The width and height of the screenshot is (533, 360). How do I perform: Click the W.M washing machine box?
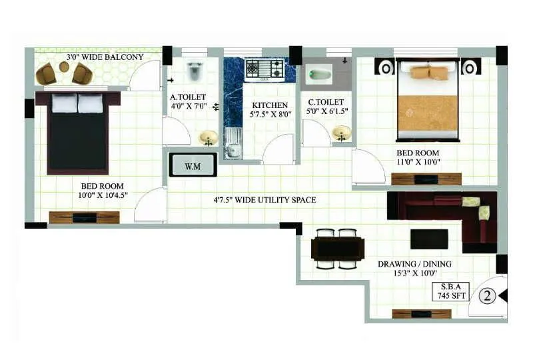click(193, 165)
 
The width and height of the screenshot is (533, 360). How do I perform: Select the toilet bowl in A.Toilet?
click(195, 71)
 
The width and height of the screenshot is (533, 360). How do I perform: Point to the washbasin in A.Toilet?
click(208, 137)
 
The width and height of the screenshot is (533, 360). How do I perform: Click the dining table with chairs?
click(337, 249)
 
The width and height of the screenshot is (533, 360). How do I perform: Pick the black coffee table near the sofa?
click(429, 239)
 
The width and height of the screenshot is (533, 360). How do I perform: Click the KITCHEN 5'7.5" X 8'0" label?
click(270, 110)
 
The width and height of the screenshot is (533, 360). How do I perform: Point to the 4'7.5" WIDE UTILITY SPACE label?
click(265, 200)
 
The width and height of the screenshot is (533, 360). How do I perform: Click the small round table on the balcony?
click(64, 67)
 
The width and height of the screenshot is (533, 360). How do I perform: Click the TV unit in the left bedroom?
click(84, 217)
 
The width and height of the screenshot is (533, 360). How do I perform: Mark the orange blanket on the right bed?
click(428, 114)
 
